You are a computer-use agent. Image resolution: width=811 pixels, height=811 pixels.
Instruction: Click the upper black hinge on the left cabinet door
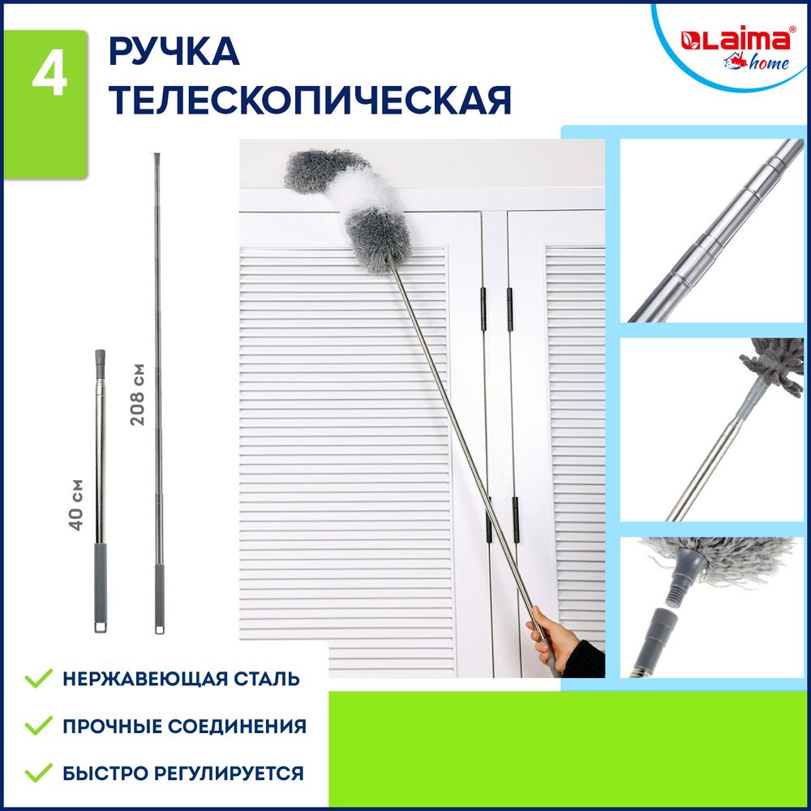(483, 309)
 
